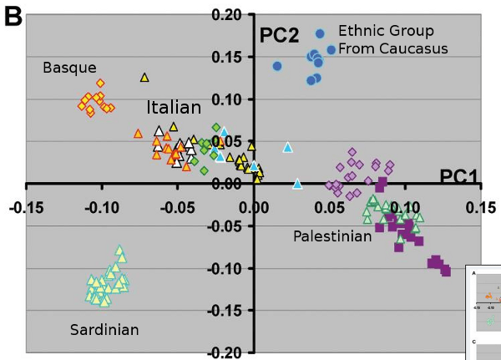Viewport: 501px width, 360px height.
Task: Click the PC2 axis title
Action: (x=279, y=36)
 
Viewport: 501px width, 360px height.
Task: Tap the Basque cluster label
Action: (x=70, y=67)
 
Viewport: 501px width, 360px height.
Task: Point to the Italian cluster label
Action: (x=174, y=108)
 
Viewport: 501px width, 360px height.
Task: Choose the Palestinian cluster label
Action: (x=331, y=236)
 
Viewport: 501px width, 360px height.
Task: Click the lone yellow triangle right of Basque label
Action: (x=144, y=78)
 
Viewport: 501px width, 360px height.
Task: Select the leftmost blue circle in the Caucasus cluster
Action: (x=277, y=66)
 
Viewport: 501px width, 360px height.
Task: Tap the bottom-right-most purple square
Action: (x=446, y=271)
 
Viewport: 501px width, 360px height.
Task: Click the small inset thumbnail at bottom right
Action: (x=487, y=312)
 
